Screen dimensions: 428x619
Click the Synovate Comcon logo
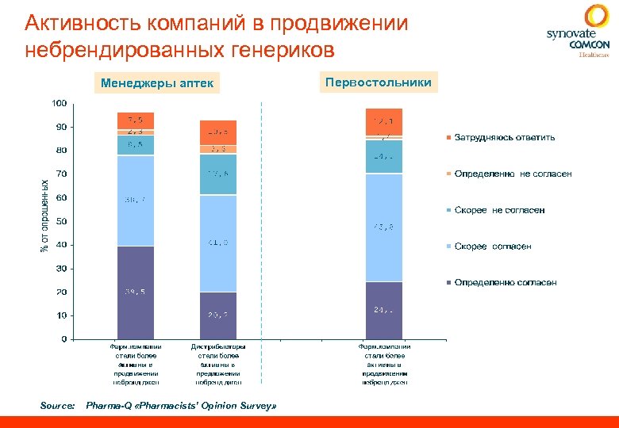pyautogui.click(x=577, y=32)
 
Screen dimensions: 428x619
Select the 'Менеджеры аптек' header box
pyautogui.click(x=156, y=83)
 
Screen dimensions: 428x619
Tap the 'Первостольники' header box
pyautogui.click(x=379, y=82)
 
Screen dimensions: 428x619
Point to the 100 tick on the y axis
pyautogui.click(x=59, y=104)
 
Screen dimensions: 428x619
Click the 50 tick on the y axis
pyautogui.click(x=61, y=221)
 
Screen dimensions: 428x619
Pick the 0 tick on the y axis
pyautogui.click(x=63, y=339)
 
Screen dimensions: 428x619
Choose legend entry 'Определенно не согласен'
pyautogui.click(x=512, y=174)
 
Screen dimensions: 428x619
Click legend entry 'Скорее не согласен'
pyautogui.click(x=499, y=210)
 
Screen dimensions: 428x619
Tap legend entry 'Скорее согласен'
pyautogui.click(x=492, y=246)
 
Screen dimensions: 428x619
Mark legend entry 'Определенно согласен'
pyautogui.click(x=505, y=282)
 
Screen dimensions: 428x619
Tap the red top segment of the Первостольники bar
pyautogui.click(x=384, y=121)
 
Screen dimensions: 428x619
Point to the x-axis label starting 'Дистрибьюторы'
pyautogui.click(x=218, y=364)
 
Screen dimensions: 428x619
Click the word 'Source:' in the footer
pyautogui.click(x=57, y=405)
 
